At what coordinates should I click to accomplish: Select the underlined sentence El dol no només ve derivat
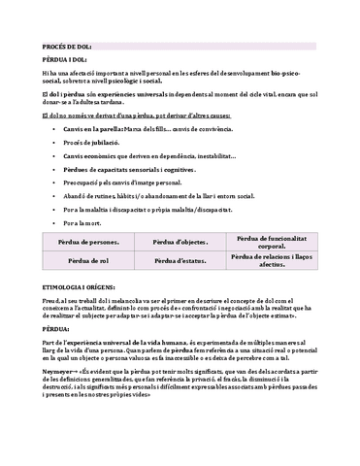point(129,115)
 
